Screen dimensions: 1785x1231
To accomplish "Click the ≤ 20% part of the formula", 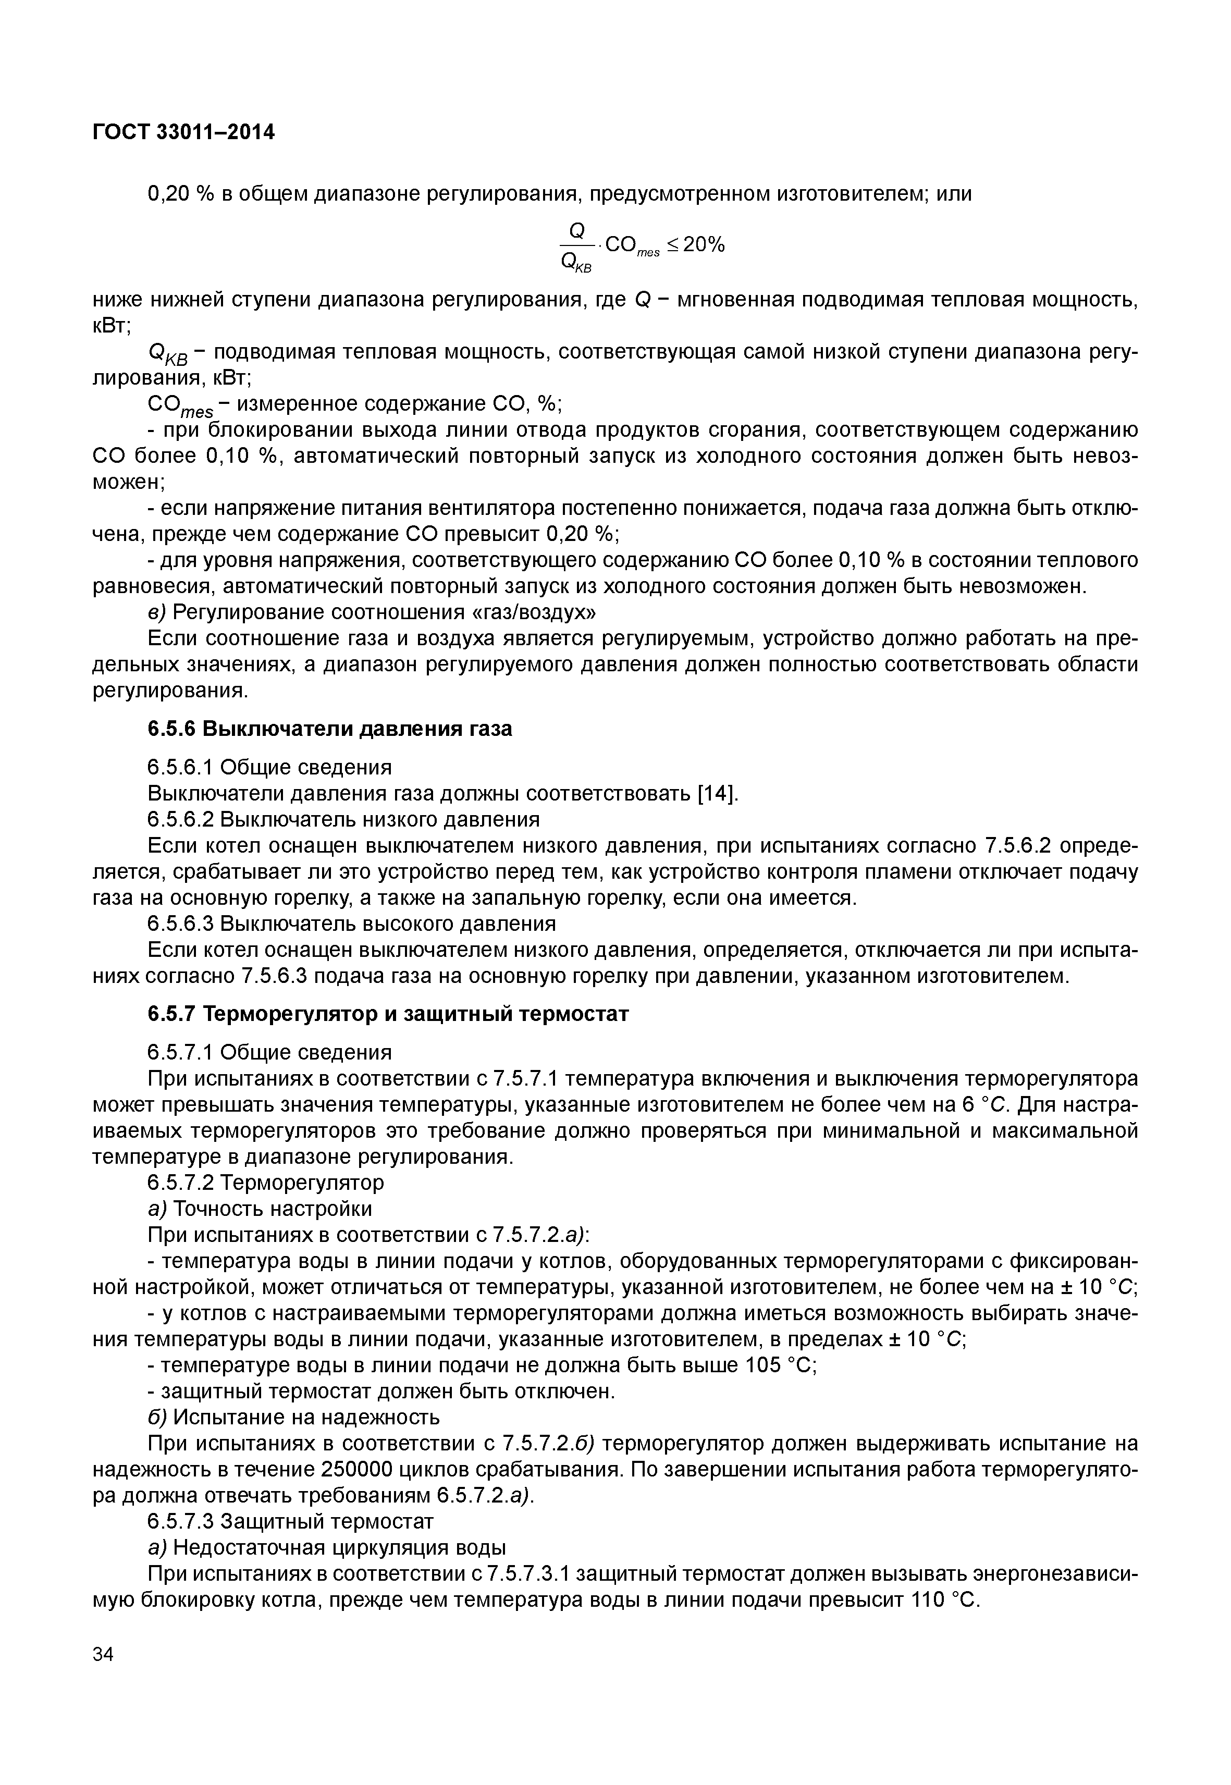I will pyautogui.click(x=696, y=245).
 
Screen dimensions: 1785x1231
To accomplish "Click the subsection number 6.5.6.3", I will pyautogui.click(x=180, y=924).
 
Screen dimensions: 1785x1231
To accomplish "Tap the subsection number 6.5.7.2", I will pyautogui.click(x=180, y=1183).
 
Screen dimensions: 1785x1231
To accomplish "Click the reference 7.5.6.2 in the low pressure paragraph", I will pyautogui.click(x=1018, y=846).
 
